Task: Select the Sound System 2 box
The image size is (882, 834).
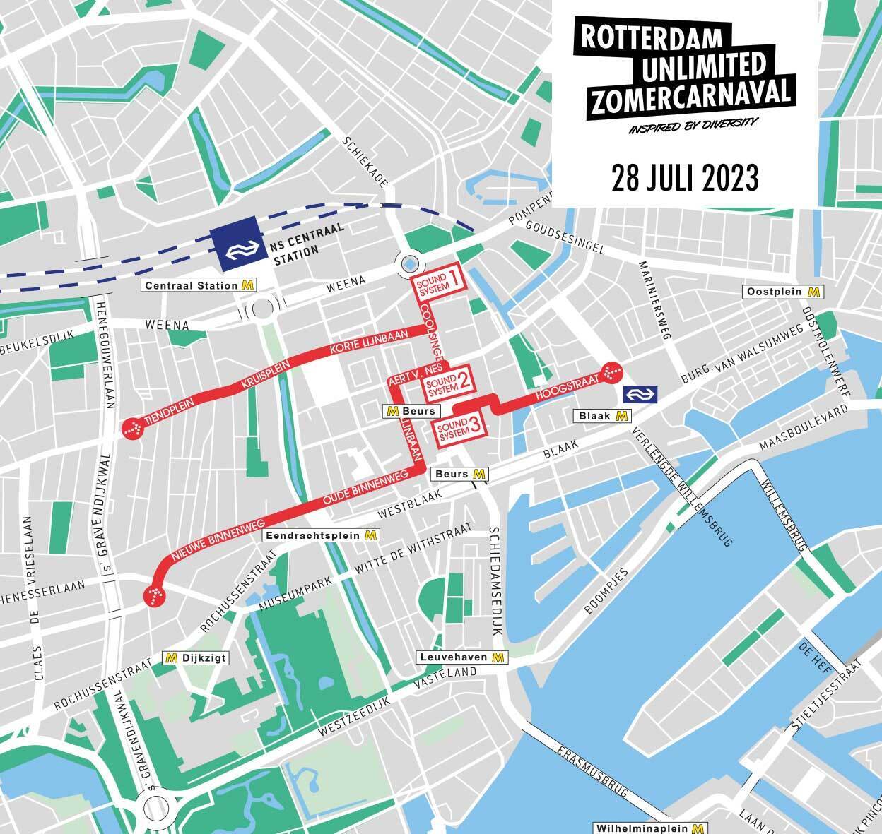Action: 448,382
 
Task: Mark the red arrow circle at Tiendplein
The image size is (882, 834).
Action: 131,427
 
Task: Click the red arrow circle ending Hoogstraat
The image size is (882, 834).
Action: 611,371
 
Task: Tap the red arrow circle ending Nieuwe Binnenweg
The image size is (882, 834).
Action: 154,596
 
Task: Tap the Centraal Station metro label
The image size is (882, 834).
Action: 199,285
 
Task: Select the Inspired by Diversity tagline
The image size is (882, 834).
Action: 693,125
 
